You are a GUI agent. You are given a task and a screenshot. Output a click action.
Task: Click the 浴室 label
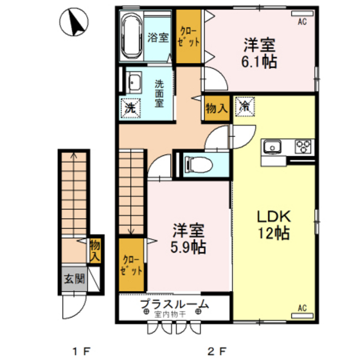pos(158,37)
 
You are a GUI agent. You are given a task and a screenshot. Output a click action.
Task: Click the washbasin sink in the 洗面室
pos(134,82)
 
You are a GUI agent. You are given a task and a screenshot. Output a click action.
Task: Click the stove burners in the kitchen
pos(303,146)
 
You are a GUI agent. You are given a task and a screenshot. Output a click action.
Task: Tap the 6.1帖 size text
pos(259,63)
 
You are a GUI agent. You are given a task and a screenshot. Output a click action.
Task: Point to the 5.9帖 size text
pos(188,247)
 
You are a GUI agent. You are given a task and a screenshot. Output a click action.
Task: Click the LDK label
pos(275,215)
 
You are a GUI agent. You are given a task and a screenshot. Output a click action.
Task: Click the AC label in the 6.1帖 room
pos(302,21)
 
